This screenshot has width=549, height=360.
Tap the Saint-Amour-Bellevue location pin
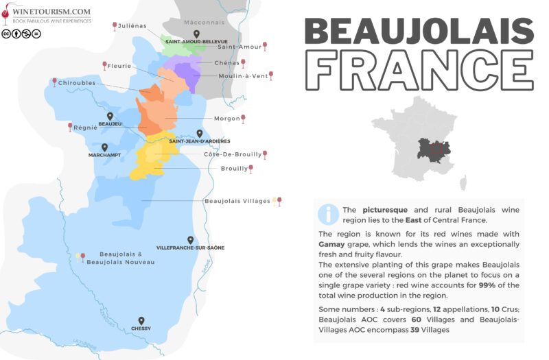(x=196, y=34)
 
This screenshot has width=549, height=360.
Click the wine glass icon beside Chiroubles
(x=54, y=82)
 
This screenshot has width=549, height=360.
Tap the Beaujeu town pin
(x=110, y=116)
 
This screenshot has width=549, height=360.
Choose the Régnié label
(x=87, y=128)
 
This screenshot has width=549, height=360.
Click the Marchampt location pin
(x=104, y=147)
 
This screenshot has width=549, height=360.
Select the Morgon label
(x=226, y=119)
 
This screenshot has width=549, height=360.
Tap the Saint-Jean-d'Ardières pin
(x=200, y=133)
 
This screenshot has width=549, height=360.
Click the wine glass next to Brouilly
(x=251, y=168)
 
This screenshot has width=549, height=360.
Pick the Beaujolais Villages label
(x=237, y=202)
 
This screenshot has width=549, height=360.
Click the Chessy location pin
(x=141, y=320)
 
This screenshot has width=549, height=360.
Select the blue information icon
(x=328, y=214)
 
